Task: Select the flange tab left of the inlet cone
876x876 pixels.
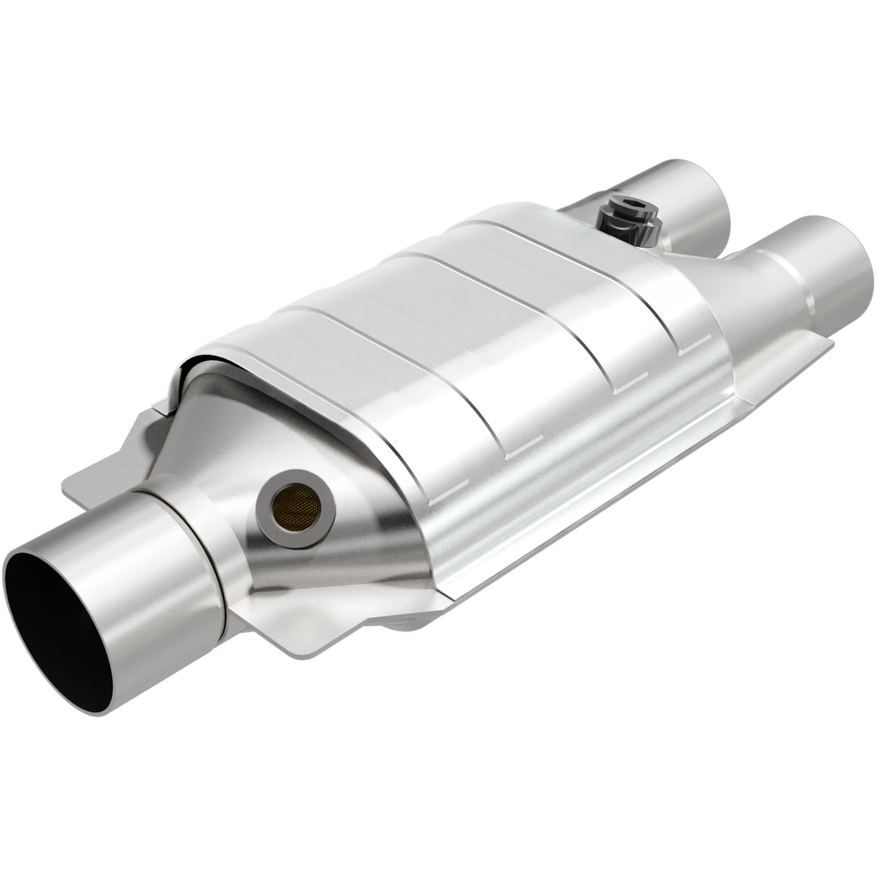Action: pos(115,473)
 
